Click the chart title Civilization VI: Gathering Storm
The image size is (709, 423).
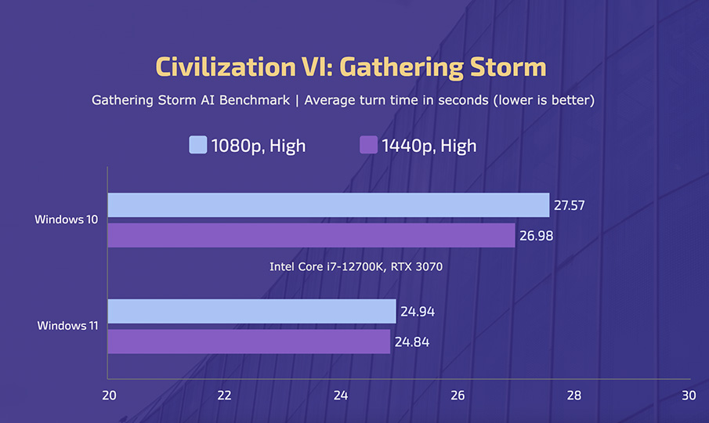350,67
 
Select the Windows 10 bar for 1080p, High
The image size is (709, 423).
328,205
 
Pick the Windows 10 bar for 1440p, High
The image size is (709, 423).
311,236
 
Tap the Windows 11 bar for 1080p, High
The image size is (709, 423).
251,311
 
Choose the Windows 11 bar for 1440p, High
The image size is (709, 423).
249,342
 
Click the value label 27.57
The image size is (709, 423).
570,205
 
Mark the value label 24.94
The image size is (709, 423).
418,311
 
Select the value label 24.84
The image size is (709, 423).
412,342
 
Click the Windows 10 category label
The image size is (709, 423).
66,220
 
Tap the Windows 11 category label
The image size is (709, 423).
67,326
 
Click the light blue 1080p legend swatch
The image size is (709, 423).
198,145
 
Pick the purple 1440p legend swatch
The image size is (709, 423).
368,145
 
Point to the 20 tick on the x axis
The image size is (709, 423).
109,396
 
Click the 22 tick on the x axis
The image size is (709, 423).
225,396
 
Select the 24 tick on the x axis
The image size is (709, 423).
341,396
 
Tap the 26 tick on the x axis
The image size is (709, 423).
457,396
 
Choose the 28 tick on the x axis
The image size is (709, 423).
573,396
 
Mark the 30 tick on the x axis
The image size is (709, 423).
688,396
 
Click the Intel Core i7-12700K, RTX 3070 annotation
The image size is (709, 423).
356,267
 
